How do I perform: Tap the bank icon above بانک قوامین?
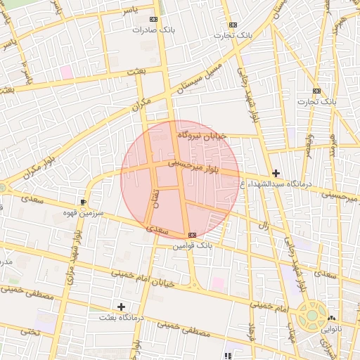[192, 235]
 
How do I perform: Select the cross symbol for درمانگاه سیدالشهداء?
[276, 173]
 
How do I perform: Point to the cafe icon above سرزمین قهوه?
[84, 201]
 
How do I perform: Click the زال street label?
[265, 226]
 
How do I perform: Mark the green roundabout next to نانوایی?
[311, 316]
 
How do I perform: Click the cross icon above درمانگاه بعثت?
[121, 307]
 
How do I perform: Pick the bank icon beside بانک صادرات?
[154, 20]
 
